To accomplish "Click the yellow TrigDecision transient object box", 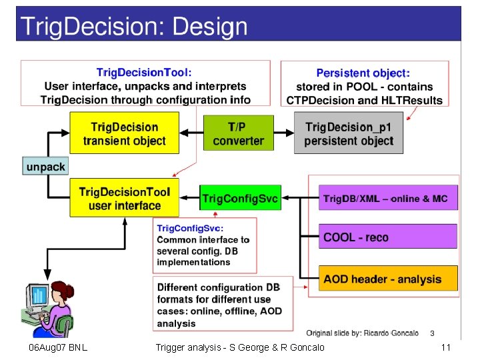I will [125, 133].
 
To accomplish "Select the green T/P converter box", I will [238, 133].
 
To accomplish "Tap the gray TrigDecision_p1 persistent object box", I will [349, 133].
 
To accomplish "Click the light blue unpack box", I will [45, 165].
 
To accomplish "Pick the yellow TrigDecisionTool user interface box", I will [125, 198].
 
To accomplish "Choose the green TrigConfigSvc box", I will [239, 198].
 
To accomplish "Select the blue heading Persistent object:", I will [363, 73].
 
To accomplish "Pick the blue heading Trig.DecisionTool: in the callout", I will [144, 72].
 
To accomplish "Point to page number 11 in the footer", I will [446, 347].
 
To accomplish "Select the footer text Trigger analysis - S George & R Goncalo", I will [240, 347].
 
